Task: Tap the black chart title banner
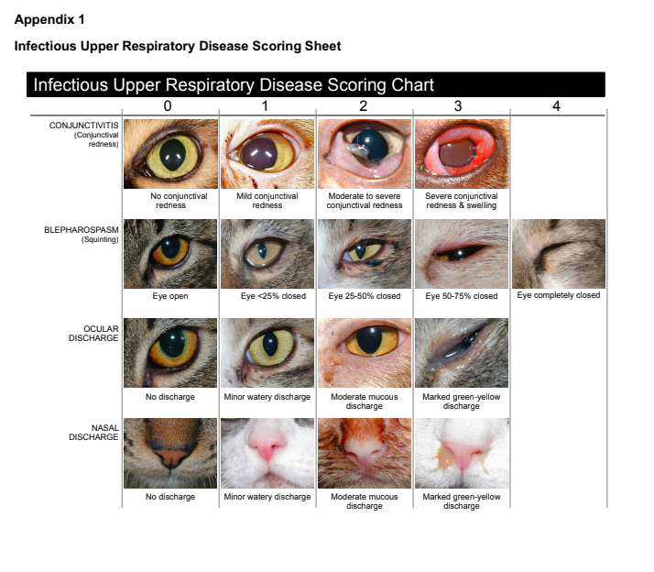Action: tap(317, 84)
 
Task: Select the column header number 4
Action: tap(556, 106)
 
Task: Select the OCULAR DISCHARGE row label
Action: tap(95, 333)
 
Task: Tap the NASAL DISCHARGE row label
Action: tap(93, 432)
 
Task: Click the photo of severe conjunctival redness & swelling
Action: tap(461, 153)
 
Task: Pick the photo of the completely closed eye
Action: tap(558, 254)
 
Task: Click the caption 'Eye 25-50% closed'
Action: tap(364, 296)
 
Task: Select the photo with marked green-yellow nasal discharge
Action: tap(461, 453)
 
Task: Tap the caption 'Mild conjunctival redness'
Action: tap(267, 201)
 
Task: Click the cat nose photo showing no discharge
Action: tap(170, 453)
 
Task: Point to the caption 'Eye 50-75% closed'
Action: tap(461, 296)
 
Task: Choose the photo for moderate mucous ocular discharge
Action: tap(364, 352)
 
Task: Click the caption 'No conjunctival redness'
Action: tap(170, 201)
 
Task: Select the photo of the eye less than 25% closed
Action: tap(267, 254)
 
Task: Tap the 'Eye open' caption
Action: tap(170, 296)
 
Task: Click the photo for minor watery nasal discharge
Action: tap(267, 453)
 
